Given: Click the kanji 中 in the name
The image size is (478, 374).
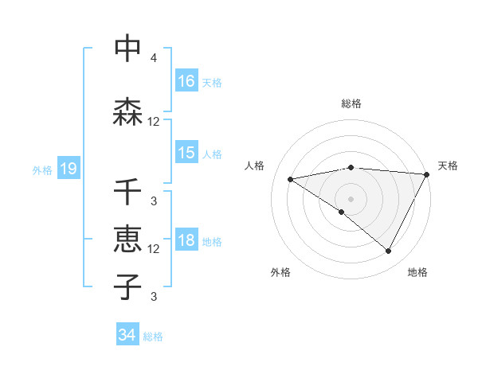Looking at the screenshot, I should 127,49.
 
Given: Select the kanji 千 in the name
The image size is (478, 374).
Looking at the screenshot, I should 127,192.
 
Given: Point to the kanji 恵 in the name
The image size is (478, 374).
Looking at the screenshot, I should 127,240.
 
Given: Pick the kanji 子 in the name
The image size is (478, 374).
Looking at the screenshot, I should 127,286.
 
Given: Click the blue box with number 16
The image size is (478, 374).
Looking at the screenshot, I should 186,81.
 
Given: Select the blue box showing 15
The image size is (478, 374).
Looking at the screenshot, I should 186,153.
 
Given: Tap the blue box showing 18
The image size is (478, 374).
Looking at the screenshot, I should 186,240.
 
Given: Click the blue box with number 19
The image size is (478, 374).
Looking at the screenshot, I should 68,169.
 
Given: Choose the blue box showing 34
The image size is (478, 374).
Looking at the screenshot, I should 127,335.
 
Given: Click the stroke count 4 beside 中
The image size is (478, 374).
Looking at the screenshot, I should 154,58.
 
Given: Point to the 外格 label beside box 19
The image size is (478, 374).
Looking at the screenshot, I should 42,169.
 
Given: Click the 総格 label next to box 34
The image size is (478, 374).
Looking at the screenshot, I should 153,336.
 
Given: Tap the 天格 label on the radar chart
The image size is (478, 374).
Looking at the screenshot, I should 448,166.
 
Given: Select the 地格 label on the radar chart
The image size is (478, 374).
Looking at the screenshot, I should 417,272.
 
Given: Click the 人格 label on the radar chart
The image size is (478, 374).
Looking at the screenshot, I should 255,166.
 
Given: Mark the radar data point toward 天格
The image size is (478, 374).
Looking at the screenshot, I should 427,174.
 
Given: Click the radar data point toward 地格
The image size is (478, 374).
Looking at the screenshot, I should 389,251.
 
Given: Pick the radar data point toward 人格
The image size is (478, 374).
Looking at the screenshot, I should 291,179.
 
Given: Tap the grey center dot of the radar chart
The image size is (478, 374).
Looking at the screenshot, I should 351,198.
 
